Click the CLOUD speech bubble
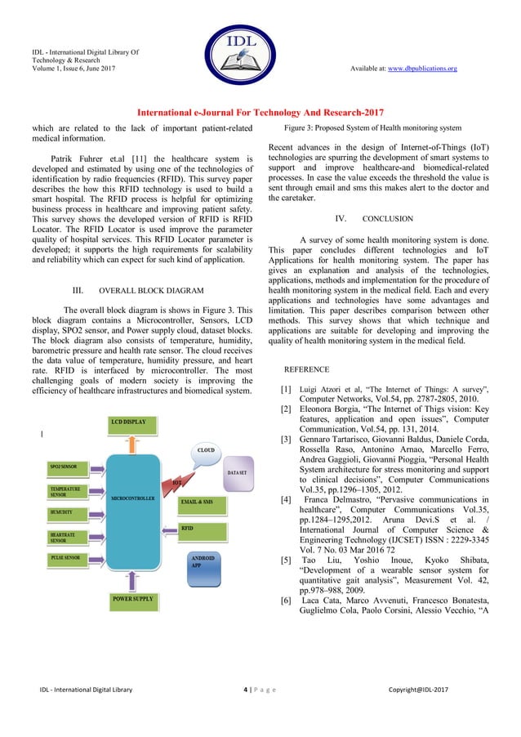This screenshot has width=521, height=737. tap(206, 450)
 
